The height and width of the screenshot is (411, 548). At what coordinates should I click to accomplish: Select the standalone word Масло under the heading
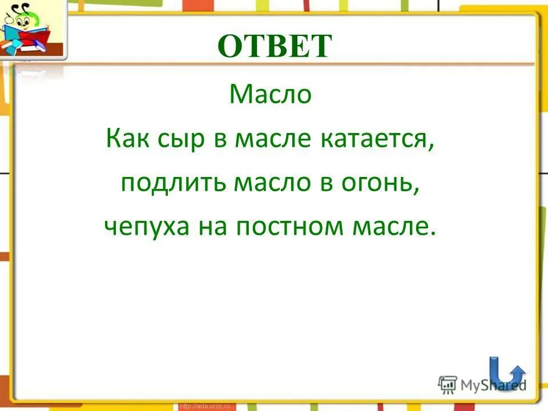pyautogui.click(x=271, y=94)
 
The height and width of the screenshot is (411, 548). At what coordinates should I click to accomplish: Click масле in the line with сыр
pyautogui.click(x=273, y=140)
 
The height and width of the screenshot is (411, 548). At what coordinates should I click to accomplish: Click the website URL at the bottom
pyautogui.click(x=204, y=406)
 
